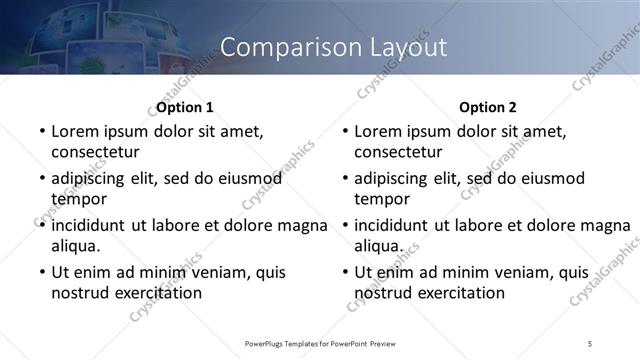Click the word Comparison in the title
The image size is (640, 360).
(274, 47)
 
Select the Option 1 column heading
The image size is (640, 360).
(185, 107)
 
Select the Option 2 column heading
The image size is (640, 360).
(488, 107)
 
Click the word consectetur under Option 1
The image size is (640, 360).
(95, 152)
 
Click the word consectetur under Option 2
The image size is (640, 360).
(398, 152)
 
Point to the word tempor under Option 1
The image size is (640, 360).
(78, 198)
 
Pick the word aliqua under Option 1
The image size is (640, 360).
(76, 245)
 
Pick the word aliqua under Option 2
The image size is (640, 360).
(379, 245)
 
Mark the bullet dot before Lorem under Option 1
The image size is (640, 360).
(41, 131)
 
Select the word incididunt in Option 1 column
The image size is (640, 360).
(91, 225)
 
